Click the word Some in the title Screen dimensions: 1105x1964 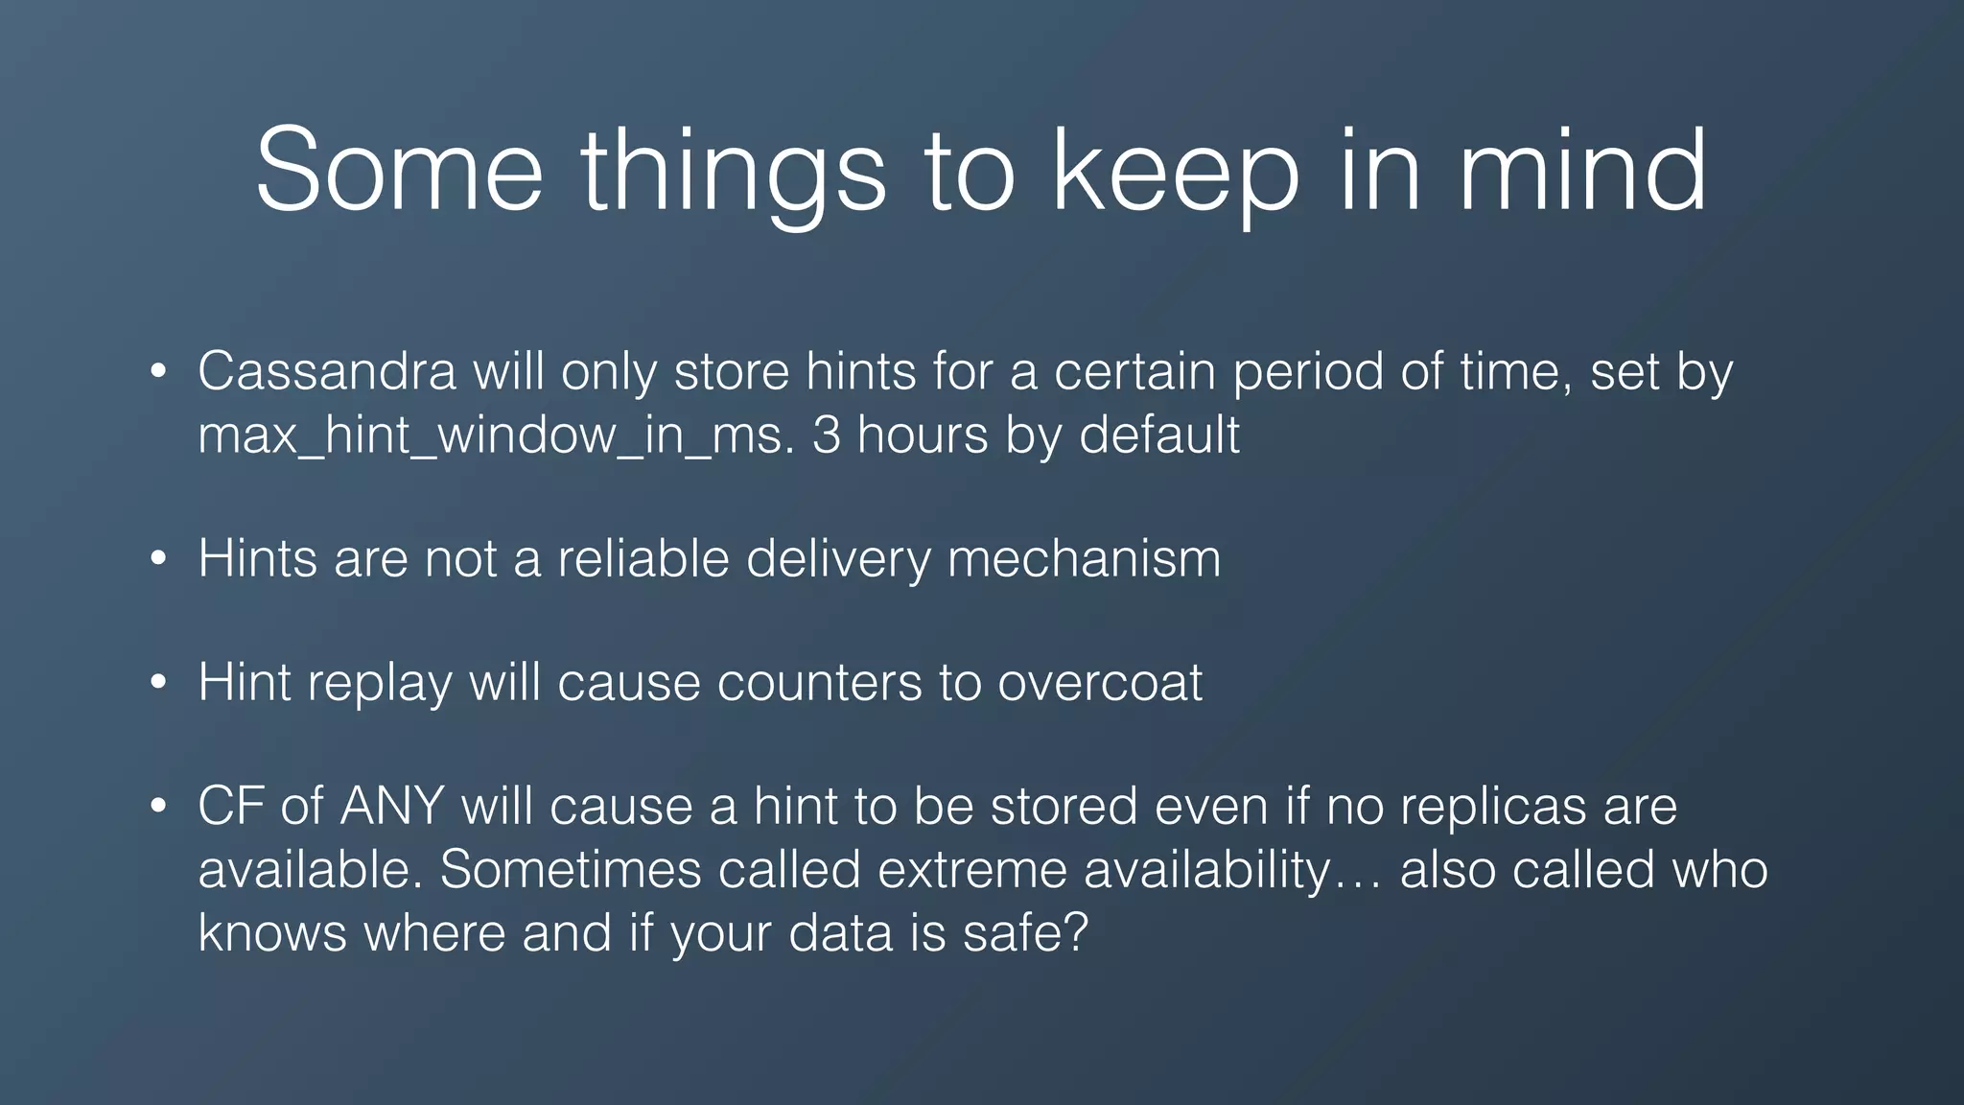(399, 170)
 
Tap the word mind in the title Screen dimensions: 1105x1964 (1582, 170)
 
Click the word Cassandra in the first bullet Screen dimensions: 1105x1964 (326, 371)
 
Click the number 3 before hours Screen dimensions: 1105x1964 (827, 435)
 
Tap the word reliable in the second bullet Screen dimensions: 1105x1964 (643, 558)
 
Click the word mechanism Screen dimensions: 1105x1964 (1084, 558)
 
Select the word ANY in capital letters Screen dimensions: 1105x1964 (392, 806)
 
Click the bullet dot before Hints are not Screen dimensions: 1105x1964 (159, 559)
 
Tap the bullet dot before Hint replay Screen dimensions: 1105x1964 (159, 683)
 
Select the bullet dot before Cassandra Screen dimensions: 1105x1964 (159, 372)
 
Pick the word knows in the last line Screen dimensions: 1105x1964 (271, 932)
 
